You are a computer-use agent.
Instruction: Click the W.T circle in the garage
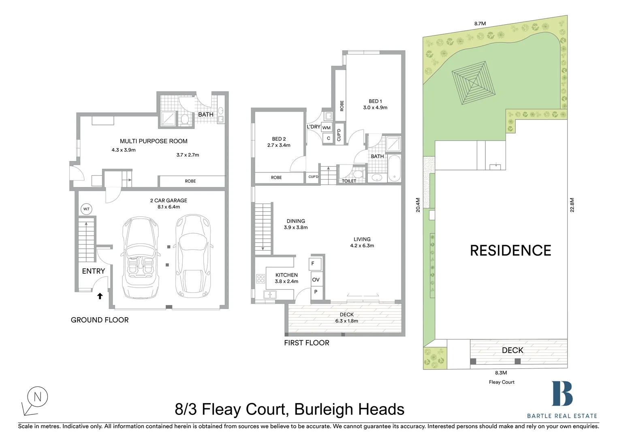point(86,209)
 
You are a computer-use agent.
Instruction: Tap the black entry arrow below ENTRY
point(100,296)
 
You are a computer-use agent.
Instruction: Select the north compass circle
point(38,397)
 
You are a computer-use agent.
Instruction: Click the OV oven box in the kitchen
point(316,279)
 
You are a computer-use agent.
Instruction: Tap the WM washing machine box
point(327,128)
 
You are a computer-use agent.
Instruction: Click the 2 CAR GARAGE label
point(169,200)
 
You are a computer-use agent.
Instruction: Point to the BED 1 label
point(375,101)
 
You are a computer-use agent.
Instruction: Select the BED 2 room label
point(279,139)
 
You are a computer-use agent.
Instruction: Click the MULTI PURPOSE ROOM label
point(154,141)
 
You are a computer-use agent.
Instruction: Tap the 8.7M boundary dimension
point(480,24)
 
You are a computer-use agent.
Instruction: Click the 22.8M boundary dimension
point(572,205)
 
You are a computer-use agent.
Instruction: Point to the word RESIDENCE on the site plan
point(510,251)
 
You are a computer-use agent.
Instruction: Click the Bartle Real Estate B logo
point(562,393)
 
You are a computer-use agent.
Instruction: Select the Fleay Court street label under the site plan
point(502,382)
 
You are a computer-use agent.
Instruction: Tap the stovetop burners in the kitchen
point(260,279)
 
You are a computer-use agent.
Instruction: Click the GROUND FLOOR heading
point(100,320)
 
